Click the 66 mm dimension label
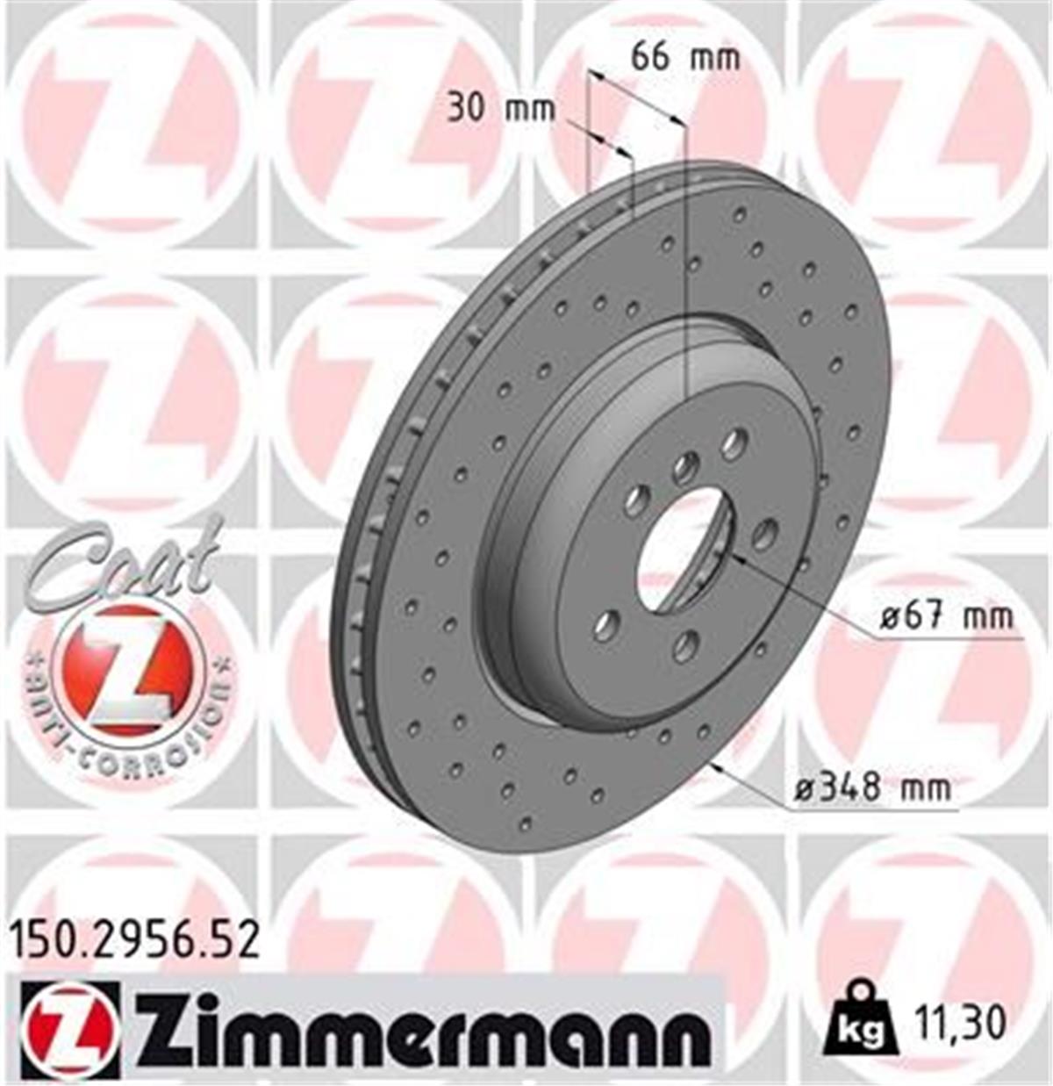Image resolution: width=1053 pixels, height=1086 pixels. tap(685, 58)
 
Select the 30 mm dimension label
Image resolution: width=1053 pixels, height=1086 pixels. tap(501, 110)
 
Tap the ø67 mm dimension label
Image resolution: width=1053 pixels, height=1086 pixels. tap(946, 617)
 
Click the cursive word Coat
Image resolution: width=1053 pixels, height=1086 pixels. tap(123, 557)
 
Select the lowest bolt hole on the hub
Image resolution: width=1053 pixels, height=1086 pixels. tap(685, 647)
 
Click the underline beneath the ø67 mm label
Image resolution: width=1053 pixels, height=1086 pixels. tap(948, 638)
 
